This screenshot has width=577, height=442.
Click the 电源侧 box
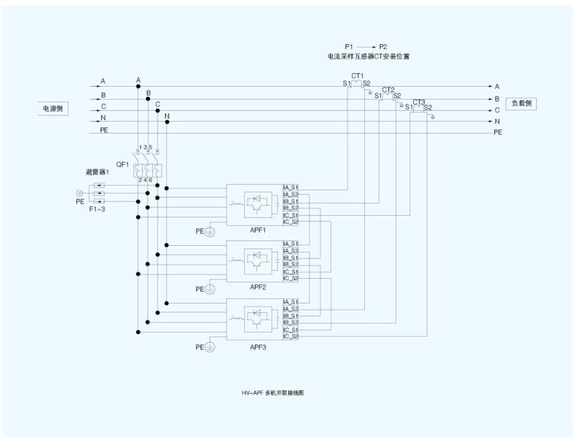coord(53,108)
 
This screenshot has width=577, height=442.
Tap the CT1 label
coord(358,76)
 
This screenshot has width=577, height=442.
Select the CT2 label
coord(388,89)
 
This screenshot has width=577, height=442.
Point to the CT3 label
coord(419,102)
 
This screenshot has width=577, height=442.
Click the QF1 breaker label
coord(122,164)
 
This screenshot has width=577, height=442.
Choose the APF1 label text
coord(258,230)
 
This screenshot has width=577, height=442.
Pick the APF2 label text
coord(258,287)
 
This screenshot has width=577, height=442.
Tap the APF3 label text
coord(258,347)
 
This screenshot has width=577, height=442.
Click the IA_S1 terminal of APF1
coord(291,187)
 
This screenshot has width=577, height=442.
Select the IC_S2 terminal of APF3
coord(291,337)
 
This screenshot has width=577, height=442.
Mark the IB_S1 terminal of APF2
coord(291,258)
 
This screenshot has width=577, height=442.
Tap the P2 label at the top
coord(383,46)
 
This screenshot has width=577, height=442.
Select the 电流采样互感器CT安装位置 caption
coord(364,57)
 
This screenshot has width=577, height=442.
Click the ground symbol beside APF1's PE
coord(209,232)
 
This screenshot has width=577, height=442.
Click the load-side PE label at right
coord(498,132)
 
